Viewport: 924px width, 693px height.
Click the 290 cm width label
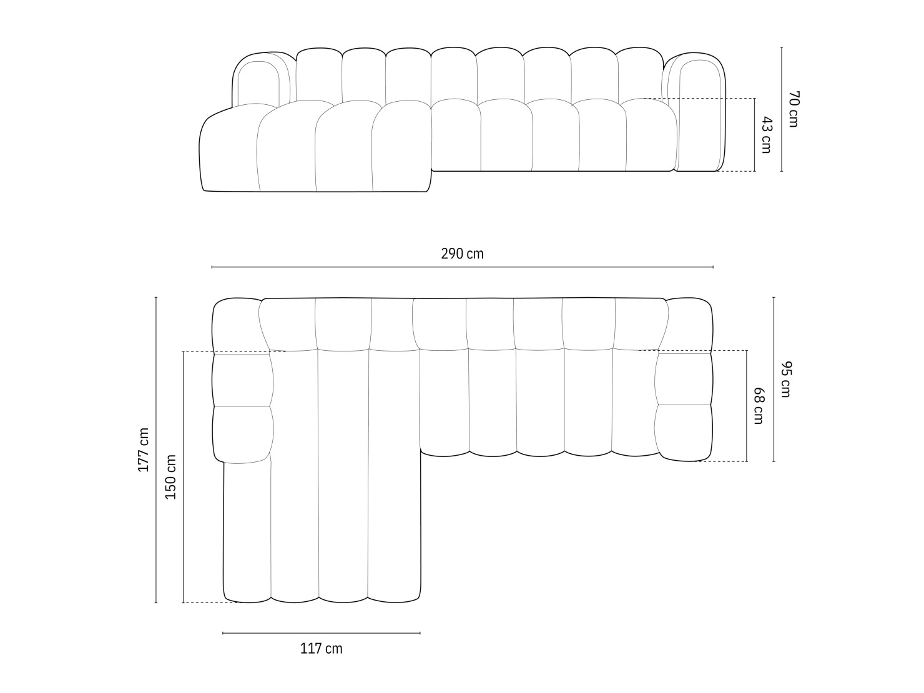462,254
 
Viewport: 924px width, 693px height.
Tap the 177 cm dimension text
144,450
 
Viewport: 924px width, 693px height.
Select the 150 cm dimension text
170,477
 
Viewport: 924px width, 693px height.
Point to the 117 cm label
322,649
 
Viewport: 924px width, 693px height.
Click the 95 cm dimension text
785,379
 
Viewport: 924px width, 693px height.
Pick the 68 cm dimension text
758,406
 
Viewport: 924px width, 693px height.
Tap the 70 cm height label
793,109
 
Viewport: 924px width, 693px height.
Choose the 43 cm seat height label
766,134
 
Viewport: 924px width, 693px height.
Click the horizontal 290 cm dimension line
462,267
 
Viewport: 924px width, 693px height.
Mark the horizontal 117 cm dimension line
322,633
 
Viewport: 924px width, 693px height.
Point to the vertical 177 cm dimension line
156,450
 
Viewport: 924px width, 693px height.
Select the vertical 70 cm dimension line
782,109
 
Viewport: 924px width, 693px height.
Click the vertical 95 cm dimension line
774,379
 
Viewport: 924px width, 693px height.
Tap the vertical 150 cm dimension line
183,477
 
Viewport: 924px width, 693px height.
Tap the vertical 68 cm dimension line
747,406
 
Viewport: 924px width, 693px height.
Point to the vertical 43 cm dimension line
755,134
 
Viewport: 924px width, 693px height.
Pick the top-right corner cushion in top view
690,325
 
